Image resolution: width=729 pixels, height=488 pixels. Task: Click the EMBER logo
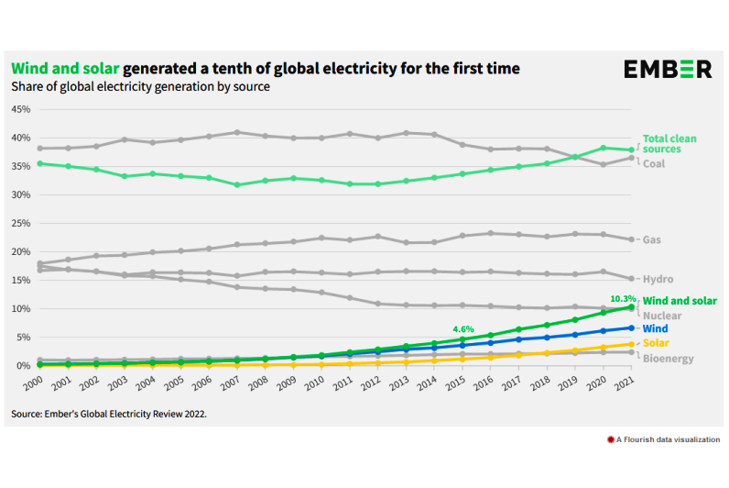click(x=668, y=69)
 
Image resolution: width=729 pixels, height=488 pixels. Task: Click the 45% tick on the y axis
click(x=20, y=109)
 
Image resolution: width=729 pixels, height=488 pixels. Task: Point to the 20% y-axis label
click(x=20, y=251)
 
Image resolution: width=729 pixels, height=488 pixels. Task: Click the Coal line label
click(x=654, y=163)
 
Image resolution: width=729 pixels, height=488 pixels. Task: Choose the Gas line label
click(x=652, y=240)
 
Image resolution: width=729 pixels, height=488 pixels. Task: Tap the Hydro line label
click(x=657, y=278)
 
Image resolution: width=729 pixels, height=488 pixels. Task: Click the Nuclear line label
click(x=661, y=316)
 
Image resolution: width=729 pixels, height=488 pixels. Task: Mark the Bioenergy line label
click(x=667, y=359)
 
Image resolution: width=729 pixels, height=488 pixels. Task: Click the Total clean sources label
click(x=669, y=143)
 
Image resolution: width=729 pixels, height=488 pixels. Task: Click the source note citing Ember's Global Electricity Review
click(x=109, y=414)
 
